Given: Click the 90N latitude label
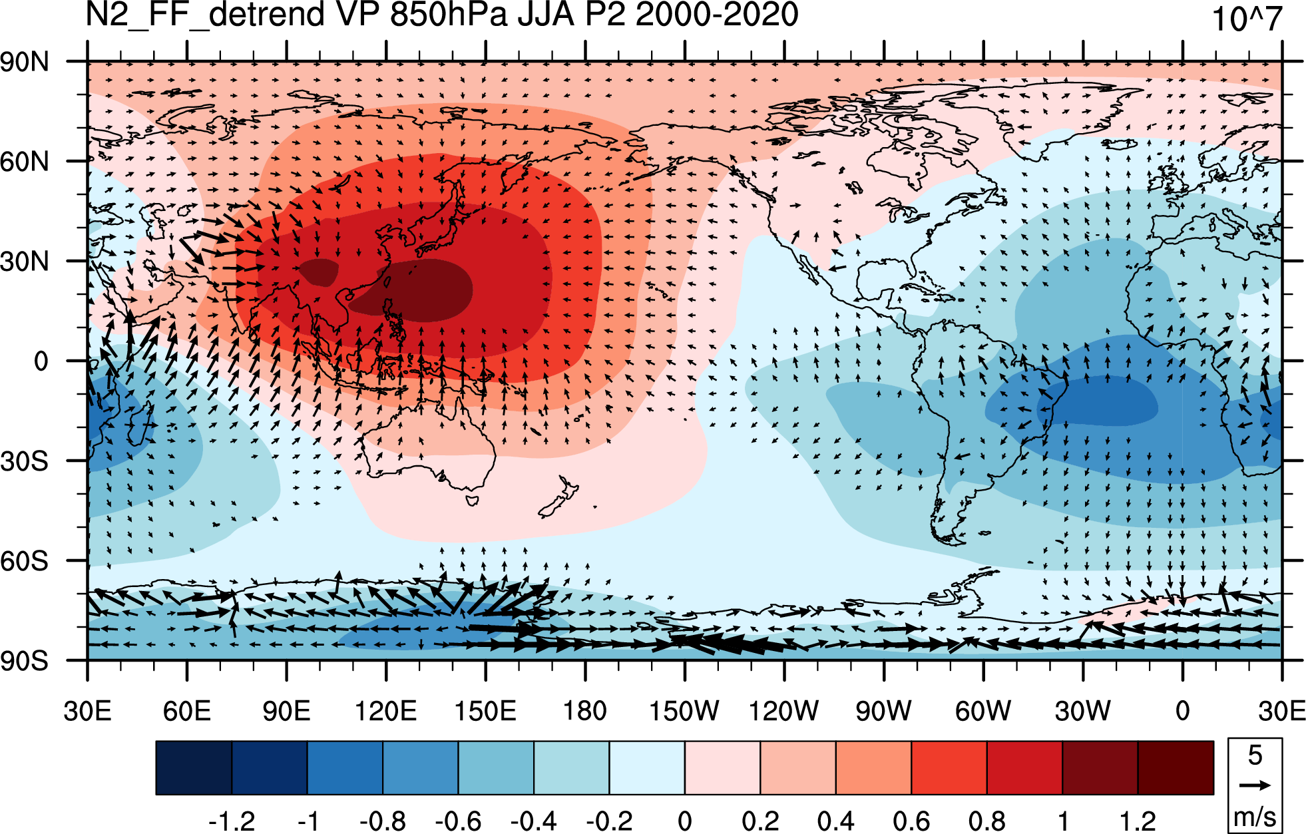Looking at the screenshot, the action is tap(25, 62).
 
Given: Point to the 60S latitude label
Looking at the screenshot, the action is tap(25, 561).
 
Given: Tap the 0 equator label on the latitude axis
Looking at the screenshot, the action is tap(41, 361).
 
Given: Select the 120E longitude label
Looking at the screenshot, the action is tap(385, 711).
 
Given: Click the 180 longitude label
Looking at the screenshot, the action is tap(584, 711).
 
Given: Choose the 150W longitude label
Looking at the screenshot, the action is tap(684, 711).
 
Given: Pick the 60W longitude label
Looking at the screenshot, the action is tap(983, 711).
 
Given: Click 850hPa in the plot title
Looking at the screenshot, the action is tap(449, 14).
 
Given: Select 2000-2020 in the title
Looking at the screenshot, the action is tap(717, 14).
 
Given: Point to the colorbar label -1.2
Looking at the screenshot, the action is tap(231, 821).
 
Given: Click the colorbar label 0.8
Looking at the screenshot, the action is tap(986, 821).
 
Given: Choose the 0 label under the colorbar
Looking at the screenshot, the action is tap(684, 821).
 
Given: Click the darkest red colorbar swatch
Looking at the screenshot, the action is tap(1176, 767).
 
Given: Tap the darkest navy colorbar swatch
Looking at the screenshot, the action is tap(194, 767).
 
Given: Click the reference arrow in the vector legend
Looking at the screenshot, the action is tap(1255, 785).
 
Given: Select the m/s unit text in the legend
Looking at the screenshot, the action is tap(1255, 816).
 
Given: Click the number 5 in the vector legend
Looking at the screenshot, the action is tap(1255, 755).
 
